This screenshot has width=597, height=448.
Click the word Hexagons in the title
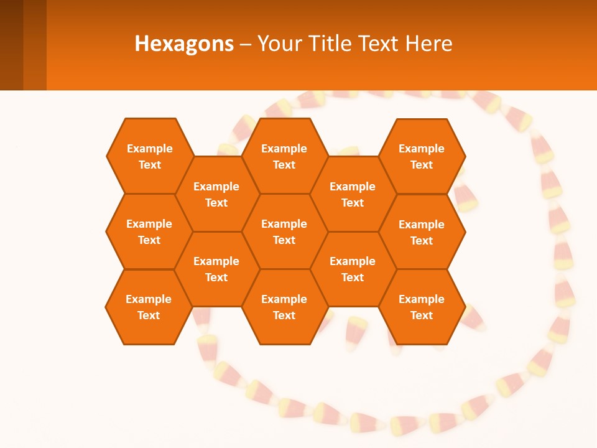[x=184, y=44]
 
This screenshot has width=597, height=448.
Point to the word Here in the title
[x=429, y=44]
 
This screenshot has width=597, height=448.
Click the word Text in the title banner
[x=379, y=44]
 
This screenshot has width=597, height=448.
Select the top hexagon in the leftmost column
[x=149, y=156]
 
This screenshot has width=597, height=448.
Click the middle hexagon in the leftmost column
[x=149, y=231]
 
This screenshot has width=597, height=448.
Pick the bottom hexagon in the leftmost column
[x=149, y=307]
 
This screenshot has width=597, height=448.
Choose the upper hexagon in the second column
[x=216, y=194]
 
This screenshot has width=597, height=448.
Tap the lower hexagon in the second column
[x=216, y=269]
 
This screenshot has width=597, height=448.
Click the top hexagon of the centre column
[x=284, y=156]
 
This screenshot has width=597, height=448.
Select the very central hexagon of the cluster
[x=284, y=231]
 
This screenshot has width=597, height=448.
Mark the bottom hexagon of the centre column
[x=284, y=307]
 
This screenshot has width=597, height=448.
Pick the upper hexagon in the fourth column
[x=353, y=194]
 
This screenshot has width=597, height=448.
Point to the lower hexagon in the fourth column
[x=353, y=269]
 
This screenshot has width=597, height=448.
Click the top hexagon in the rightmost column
[x=422, y=156]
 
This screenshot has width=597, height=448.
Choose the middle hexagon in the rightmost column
[x=422, y=232]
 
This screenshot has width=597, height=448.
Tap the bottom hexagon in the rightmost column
[x=422, y=307]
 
